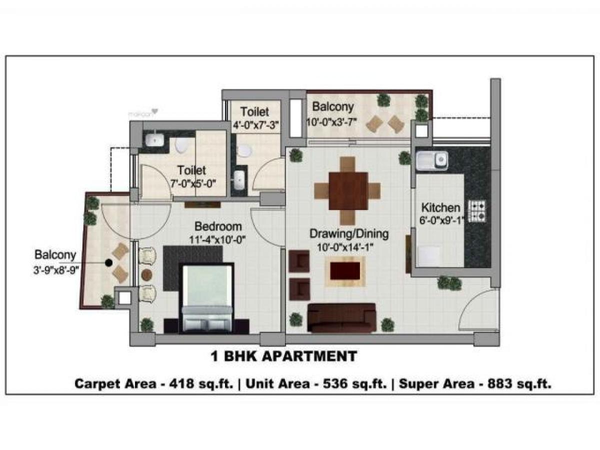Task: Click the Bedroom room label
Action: (x=218, y=225)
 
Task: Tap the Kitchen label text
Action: (x=440, y=207)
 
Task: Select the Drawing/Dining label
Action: (x=348, y=233)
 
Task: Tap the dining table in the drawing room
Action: (x=348, y=191)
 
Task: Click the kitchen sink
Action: (x=431, y=160)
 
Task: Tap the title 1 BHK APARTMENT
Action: (x=282, y=356)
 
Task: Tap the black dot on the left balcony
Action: (x=108, y=261)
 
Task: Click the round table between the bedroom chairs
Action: (x=147, y=274)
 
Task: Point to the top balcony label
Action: (x=332, y=106)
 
